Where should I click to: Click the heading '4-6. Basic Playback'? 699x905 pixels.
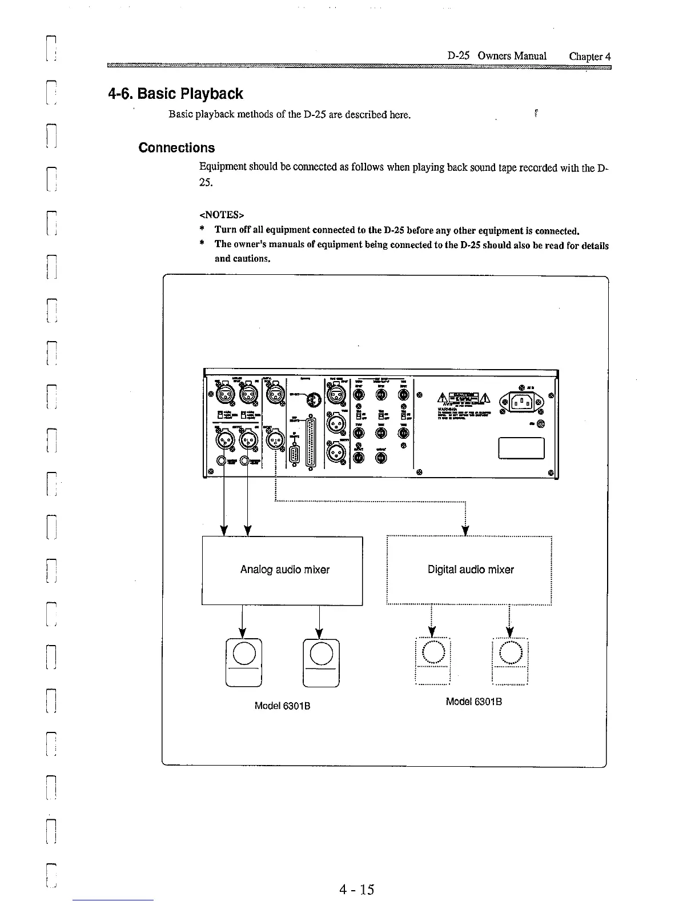coord(175,94)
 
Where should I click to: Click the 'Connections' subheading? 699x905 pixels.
coord(176,148)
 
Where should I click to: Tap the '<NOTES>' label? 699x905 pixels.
coord(222,215)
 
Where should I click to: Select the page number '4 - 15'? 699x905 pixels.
coord(356,889)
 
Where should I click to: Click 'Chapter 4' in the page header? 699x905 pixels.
coord(590,56)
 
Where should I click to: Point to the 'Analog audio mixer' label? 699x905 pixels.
coord(284,570)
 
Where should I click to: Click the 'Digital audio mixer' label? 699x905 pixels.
coord(471,570)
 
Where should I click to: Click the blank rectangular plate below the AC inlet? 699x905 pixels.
coord(521,448)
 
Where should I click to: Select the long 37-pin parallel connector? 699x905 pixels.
coord(311,441)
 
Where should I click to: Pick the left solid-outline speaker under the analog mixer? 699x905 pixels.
coord(244,661)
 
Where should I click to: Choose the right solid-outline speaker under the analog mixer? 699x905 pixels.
coord(321,661)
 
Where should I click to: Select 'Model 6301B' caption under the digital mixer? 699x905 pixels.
coord(473,702)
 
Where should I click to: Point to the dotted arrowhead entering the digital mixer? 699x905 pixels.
coord(466,531)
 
